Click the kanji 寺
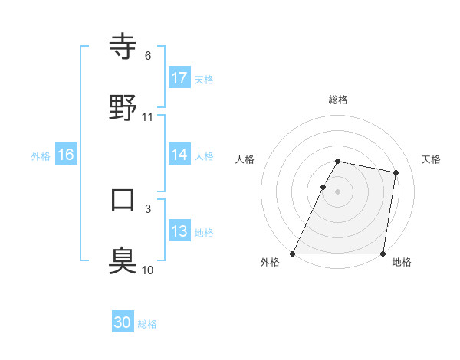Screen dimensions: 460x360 coord(123,46)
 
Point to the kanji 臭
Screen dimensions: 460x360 coord(123,260)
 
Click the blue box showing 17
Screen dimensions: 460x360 coord(179,78)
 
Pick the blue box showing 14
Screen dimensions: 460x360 coord(179,155)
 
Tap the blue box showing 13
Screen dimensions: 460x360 coord(179,231)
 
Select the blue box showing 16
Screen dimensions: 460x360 coord(66,155)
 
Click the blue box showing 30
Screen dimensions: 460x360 coord(123,323)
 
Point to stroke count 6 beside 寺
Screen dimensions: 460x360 coord(147,56)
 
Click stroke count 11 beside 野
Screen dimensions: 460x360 coord(147,117)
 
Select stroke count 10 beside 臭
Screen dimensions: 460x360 coord(147,270)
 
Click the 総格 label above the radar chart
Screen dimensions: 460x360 coord(338,100)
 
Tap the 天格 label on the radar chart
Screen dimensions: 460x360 coord(432,159)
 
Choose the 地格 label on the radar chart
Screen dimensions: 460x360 coord(402,262)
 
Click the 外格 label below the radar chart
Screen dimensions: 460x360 coord(270,262)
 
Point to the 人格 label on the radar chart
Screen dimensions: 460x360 coord(245,159)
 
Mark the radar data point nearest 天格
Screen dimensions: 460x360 coord(396,173)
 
